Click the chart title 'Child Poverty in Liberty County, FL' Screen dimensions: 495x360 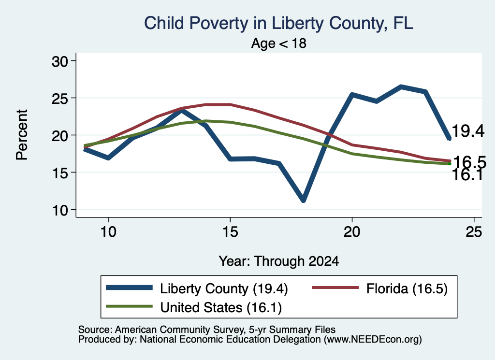tap(278, 23)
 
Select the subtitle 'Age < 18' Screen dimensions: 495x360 tap(279, 43)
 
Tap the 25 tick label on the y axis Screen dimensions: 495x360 tap(59, 98)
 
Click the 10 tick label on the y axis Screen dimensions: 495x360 tap(60, 210)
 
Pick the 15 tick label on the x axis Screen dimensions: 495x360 tap(230, 232)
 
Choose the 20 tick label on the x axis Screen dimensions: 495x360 tap(352, 232)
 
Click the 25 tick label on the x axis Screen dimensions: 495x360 tap(474, 232)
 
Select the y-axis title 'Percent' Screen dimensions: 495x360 tap(22, 135)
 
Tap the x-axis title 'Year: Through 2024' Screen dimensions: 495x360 tap(279, 261)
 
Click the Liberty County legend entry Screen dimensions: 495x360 tap(197, 288)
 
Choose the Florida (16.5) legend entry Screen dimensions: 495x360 tap(380, 288)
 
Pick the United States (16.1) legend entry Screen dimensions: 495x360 tap(193, 307)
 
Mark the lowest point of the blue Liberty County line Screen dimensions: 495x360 tap(303, 200)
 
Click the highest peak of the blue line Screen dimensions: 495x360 tap(401, 86)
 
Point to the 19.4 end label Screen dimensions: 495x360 tap(468, 131)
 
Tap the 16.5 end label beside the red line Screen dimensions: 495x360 tap(469, 162)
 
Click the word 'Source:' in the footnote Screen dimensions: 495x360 tap(95, 330)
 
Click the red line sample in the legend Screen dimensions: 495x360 tap(335, 288)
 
